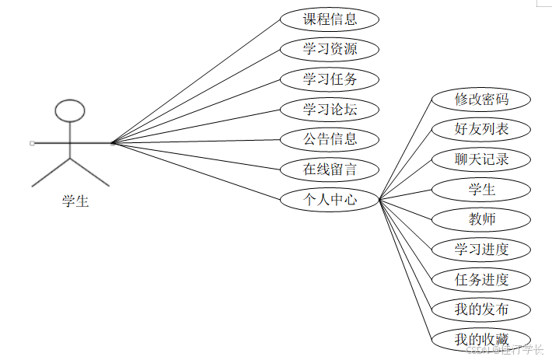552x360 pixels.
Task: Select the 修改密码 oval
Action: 481,100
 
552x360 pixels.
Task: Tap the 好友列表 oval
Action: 481,129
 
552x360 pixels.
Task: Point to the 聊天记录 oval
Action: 481,159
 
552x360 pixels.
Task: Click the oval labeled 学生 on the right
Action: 481,189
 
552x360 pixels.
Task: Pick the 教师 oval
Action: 481,219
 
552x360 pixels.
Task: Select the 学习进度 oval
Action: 481,250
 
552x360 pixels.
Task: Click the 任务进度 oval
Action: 481,279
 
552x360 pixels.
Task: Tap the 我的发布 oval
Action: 481,309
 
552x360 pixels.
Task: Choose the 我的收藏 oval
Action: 481,339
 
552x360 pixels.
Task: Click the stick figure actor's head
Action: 70,110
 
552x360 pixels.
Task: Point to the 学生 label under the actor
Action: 75,202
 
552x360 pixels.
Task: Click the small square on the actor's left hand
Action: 32,143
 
